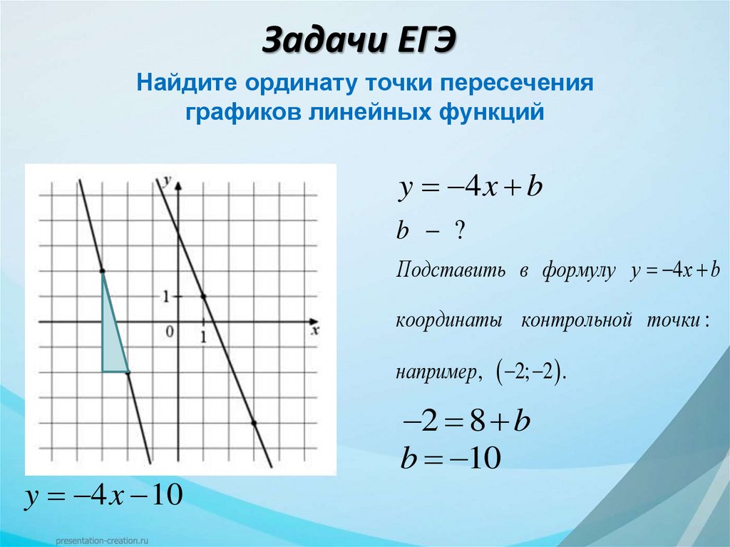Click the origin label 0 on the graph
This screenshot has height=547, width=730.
(169, 331)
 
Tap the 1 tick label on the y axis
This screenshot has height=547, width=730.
(166, 296)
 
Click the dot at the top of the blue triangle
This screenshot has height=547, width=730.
(103, 271)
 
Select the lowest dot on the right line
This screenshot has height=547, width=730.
(255, 423)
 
